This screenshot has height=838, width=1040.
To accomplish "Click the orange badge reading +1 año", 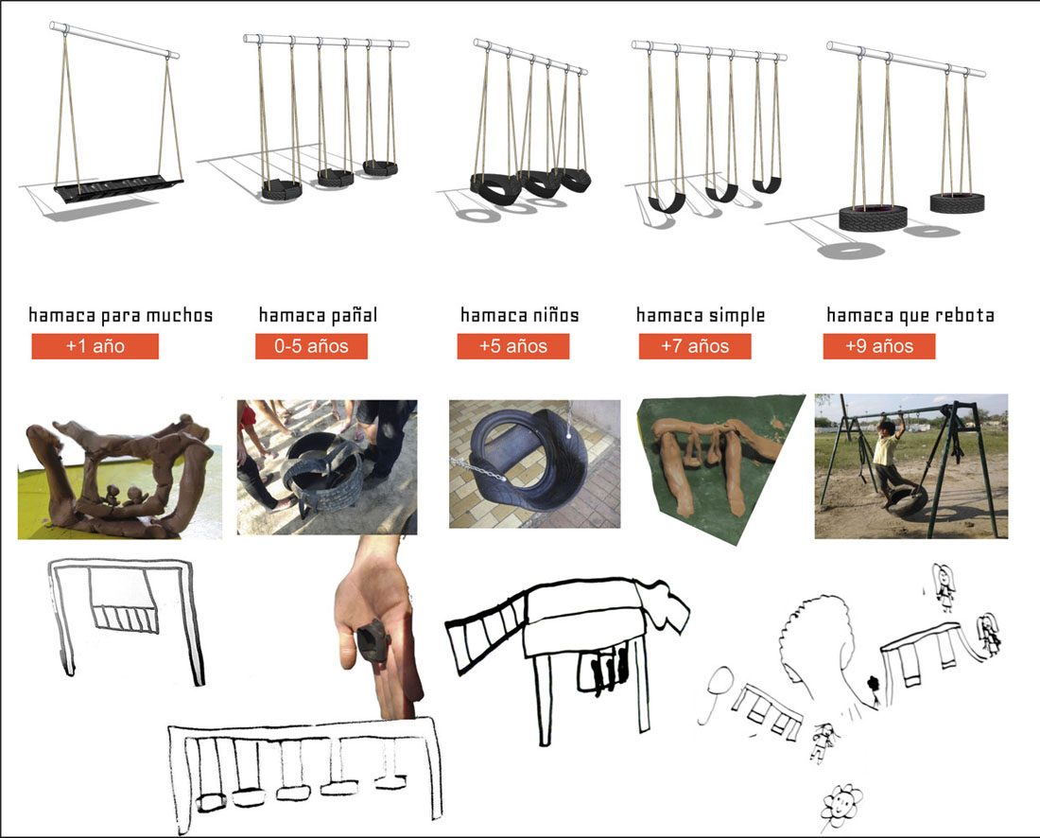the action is pyautogui.click(x=95, y=345).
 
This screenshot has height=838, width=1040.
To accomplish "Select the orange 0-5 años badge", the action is pyautogui.click(x=311, y=345).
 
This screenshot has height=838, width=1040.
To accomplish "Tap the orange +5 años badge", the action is pyautogui.click(x=512, y=345).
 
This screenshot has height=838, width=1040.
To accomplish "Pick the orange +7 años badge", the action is pyautogui.click(x=695, y=345).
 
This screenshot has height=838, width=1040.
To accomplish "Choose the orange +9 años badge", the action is pyautogui.click(x=879, y=345).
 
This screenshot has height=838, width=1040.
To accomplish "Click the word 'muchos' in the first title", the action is pyautogui.click(x=179, y=315).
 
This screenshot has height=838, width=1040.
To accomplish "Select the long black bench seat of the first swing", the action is pyautogui.click(x=119, y=187).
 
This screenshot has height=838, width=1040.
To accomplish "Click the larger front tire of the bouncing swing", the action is pyautogui.click(x=873, y=218).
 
